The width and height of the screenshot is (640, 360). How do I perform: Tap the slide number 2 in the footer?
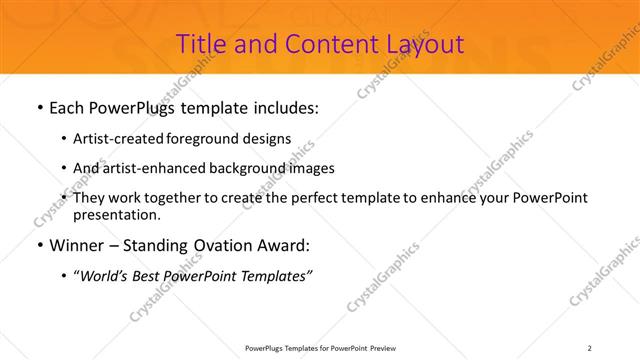(590, 347)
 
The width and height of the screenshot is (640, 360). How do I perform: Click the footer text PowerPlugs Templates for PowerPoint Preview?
(319, 347)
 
